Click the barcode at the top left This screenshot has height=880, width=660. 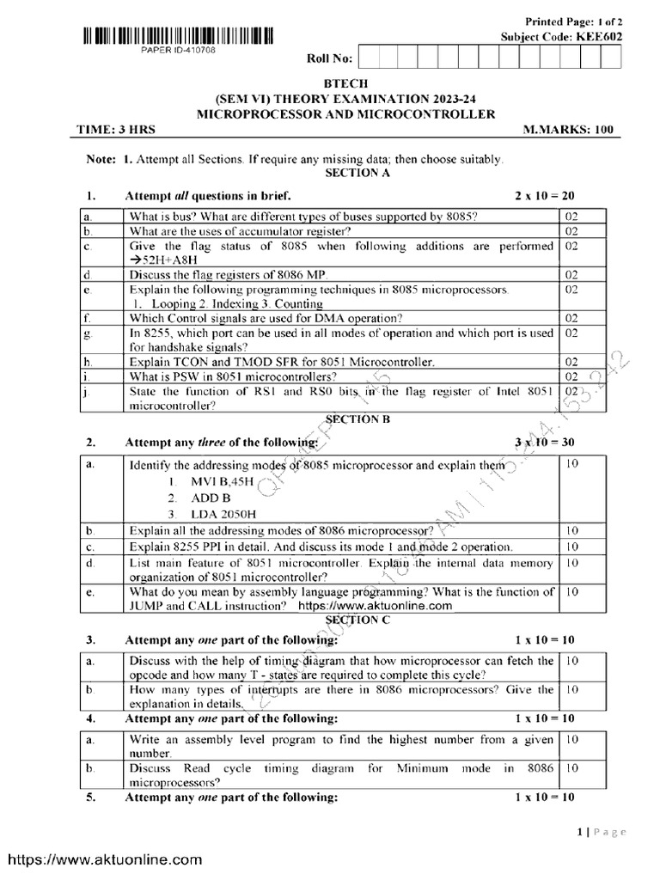pyautogui.click(x=179, y=37)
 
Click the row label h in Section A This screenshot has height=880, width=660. pyautogui.click(x=89, y=362)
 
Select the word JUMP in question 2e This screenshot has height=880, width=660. pyautogui.click(x=147, y=606)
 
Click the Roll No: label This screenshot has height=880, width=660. pyautogui.click(x=329, y=58)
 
